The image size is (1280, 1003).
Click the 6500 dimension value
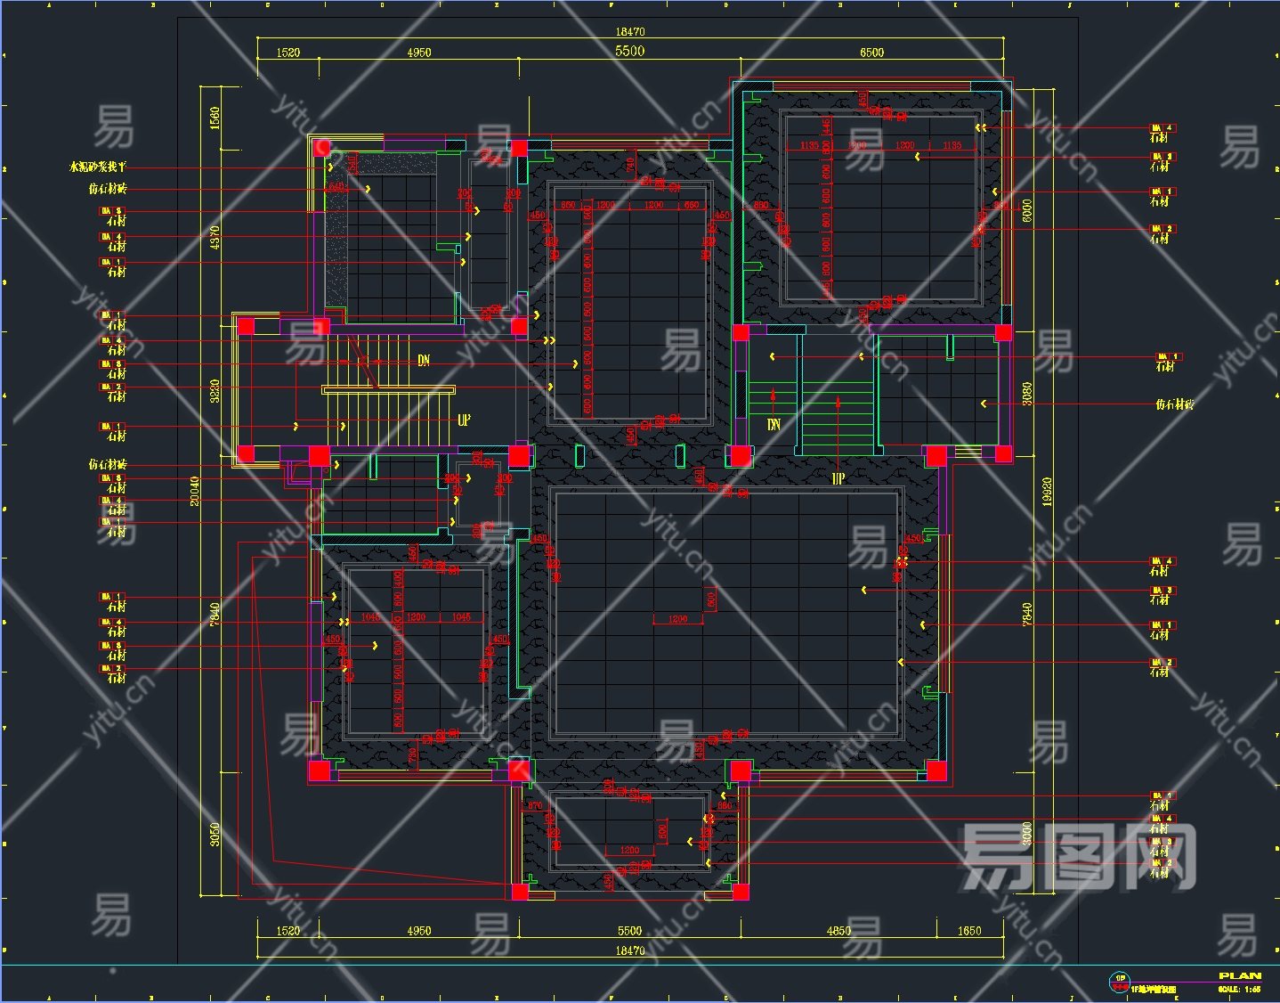[x=871, y=53]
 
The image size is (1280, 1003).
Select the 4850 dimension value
[x=838, y=931]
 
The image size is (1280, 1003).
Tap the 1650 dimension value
[x=969, y=931]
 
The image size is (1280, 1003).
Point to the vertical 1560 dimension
[x=215, y=118]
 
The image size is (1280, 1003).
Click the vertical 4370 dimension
[x=215, y=237]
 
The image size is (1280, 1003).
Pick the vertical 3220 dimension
[x=215, y=391]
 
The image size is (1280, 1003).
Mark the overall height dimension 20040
[x=195, y=491]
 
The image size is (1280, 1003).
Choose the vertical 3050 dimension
[x=215, y=835]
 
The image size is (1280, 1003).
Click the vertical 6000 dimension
[x=1027, y=211]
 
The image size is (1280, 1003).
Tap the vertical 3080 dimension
[x=1027, y=394]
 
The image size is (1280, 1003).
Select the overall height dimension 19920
[x=1047, y=493]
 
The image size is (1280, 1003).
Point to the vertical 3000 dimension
[x=1027, y=834]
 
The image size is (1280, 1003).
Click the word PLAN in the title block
[x=1240, y=976]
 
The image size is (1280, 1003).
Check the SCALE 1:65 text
[x=1239, y=989]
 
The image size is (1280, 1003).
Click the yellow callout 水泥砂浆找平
[x=98, y=167]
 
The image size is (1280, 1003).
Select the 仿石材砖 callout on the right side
[x=1174, y=404]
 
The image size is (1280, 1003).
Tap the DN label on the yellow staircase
[x=424, y=360]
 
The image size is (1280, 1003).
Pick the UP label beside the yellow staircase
[x=464, y=420]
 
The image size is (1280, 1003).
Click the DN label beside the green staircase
[x=774, y=425]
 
